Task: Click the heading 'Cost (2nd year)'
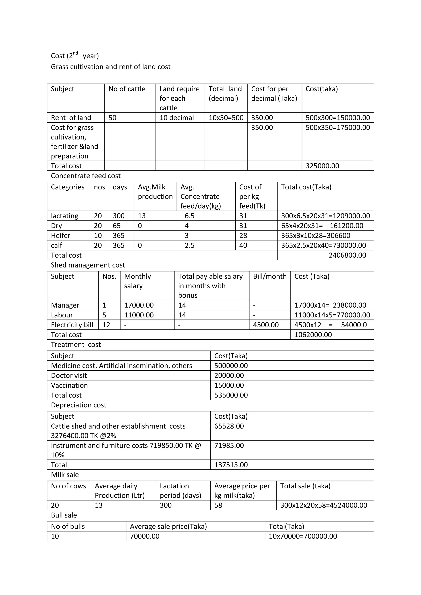point(75,55)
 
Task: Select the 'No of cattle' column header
point(127,89)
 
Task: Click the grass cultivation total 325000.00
point(322,166)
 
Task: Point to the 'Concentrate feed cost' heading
point(86,176)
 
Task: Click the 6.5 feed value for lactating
point(190,216)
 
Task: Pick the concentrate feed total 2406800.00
point(347,255)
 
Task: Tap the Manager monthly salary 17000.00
point(139,305)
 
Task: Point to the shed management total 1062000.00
point(313,334)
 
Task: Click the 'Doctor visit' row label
point(69,376)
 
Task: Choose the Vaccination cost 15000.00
point(229,385)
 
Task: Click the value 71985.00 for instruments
point(229,445)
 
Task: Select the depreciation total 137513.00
point(231,465)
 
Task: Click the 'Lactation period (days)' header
point(180,491)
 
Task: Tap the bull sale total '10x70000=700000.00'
point(303,536)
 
